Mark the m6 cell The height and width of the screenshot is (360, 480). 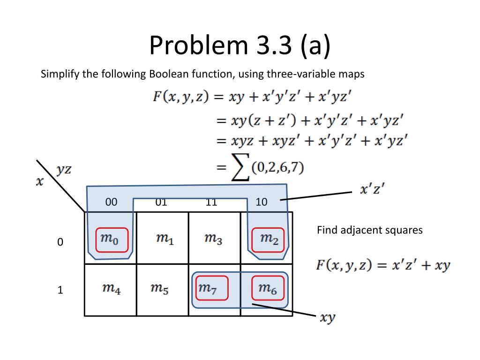pos(267,289)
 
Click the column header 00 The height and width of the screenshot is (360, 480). pos(111,202)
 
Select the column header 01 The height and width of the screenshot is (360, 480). pos(161,202)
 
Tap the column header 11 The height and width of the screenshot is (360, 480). pos(211,202)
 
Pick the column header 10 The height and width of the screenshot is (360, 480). pos(262,202)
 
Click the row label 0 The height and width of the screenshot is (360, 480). pos(60,243)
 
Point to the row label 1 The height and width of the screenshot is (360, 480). pos(60,291)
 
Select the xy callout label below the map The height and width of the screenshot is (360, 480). pos(327,318)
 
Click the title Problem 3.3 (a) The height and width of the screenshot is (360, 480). pos(240,45)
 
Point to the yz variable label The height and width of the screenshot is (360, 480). pos(64,170)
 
